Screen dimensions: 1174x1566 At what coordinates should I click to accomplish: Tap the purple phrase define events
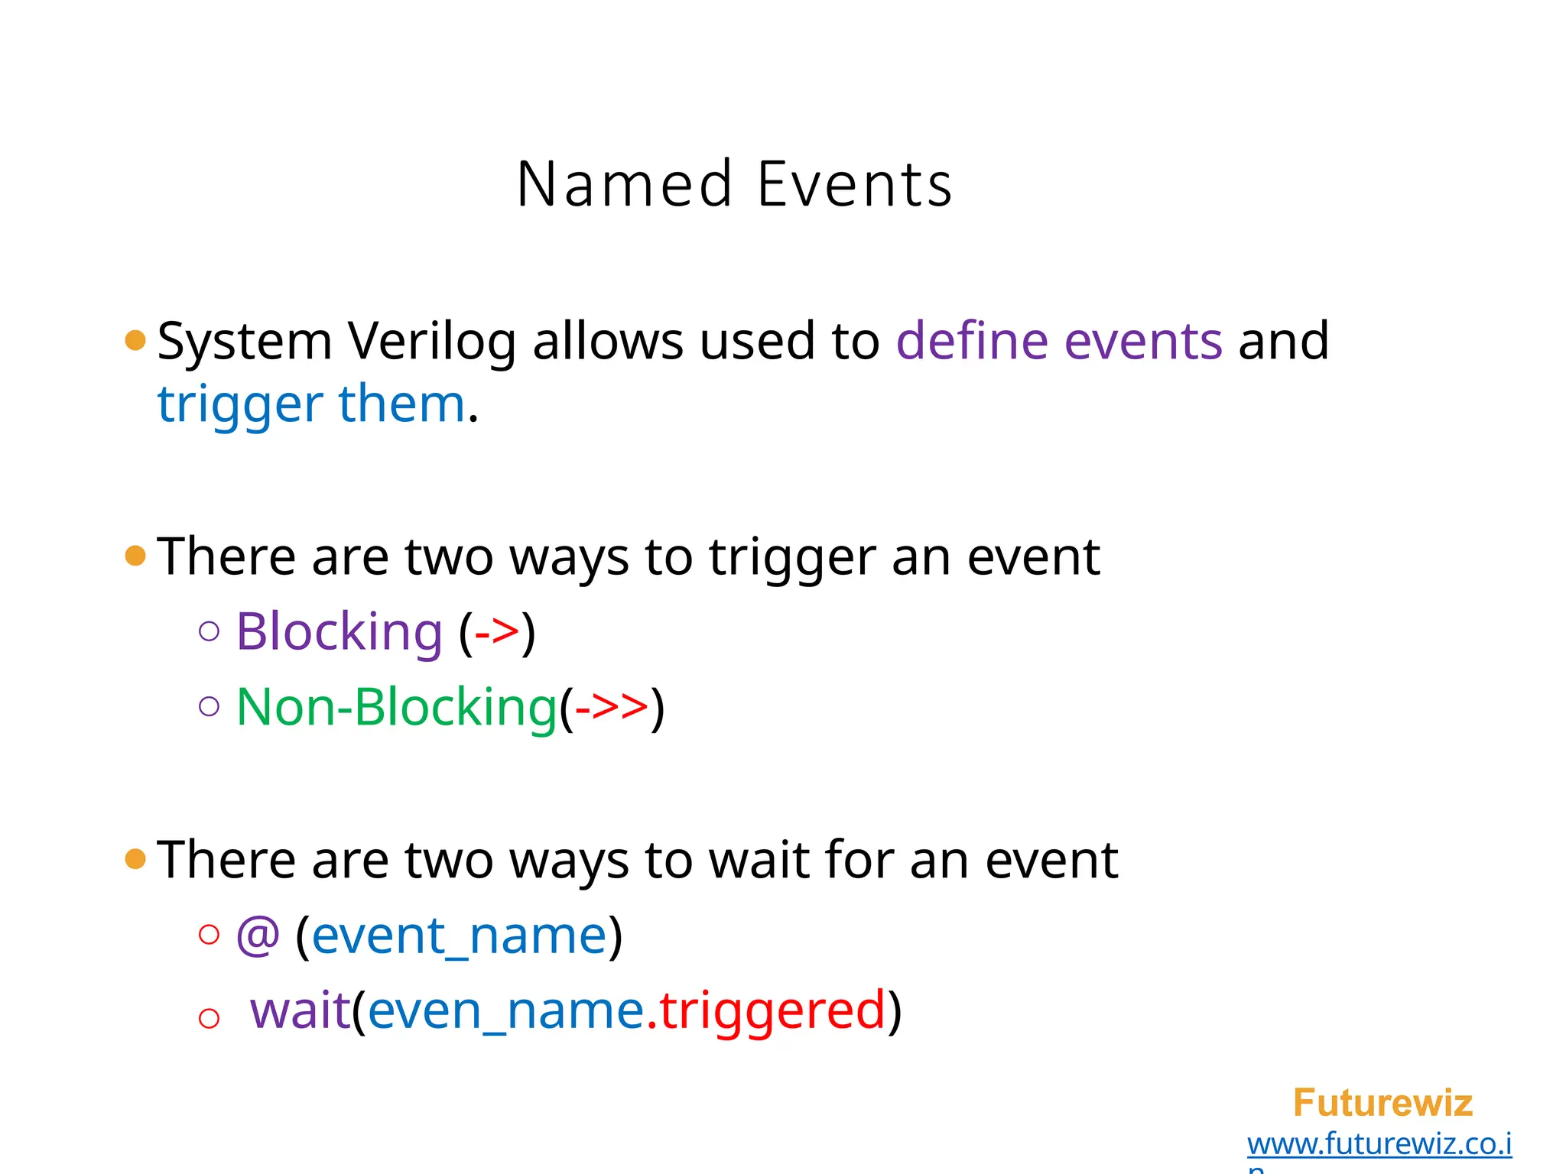(x=1058, y=341)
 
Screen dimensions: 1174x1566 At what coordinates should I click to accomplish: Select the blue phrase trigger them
(x=311, y=404)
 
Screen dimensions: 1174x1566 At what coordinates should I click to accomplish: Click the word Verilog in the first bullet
(x=432, y=341)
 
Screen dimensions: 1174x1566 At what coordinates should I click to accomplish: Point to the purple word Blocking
(x=339, y=632)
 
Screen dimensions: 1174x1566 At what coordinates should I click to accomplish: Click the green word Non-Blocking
(x=396, y=707)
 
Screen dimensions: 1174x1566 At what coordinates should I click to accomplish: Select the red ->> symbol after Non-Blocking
(x=611, y=707)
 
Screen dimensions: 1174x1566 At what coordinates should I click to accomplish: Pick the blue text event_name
(x=459, y=936)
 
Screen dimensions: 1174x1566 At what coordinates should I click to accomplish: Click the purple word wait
(x=300, y=1010)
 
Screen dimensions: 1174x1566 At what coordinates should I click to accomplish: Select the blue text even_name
(x=506, y=1010)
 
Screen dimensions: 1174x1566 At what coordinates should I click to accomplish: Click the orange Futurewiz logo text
(x=1382, y=1103)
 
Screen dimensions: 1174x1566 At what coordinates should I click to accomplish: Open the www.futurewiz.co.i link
(x=1379, y=1144)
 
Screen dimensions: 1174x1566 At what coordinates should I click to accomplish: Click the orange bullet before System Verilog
(x=135, y=340)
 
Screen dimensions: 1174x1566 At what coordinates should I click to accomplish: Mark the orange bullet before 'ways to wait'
(x=135, y=859)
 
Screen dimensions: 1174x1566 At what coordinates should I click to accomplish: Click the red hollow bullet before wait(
(x=209, y=1018)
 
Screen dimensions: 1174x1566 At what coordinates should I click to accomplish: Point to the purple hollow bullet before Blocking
(x=209, y=631)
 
